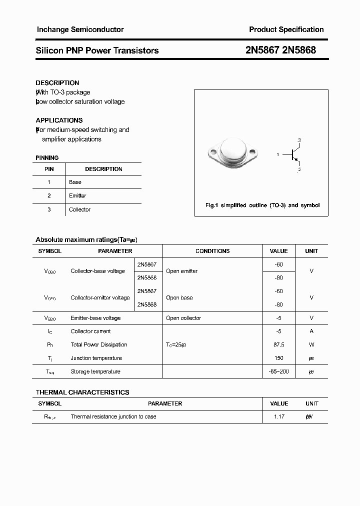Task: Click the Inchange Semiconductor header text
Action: tap(80, 29)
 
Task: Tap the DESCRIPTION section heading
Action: tap(57, 83)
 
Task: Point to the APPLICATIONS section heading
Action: tap(59, 120)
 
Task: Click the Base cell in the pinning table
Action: tap(75, 182)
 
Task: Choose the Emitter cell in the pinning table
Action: tap(77, 196)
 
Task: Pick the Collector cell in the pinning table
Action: tap(79, 210)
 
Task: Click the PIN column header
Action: tap(49, 169)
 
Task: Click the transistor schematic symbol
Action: tap(292, 155)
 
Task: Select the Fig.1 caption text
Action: tap(262, 205)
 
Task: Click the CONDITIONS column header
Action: tap(212, 251)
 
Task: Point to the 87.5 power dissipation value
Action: tap(278, 345)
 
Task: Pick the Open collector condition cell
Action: tap(183, 318)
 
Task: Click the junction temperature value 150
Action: tap(278, 358)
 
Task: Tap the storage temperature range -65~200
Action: tap(278, 371)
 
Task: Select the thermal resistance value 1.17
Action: tap(278, 416)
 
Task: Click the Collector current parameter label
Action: tap(90, 331)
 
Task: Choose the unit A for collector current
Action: tap(311, 331)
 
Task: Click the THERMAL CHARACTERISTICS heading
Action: tap(82, 392)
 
